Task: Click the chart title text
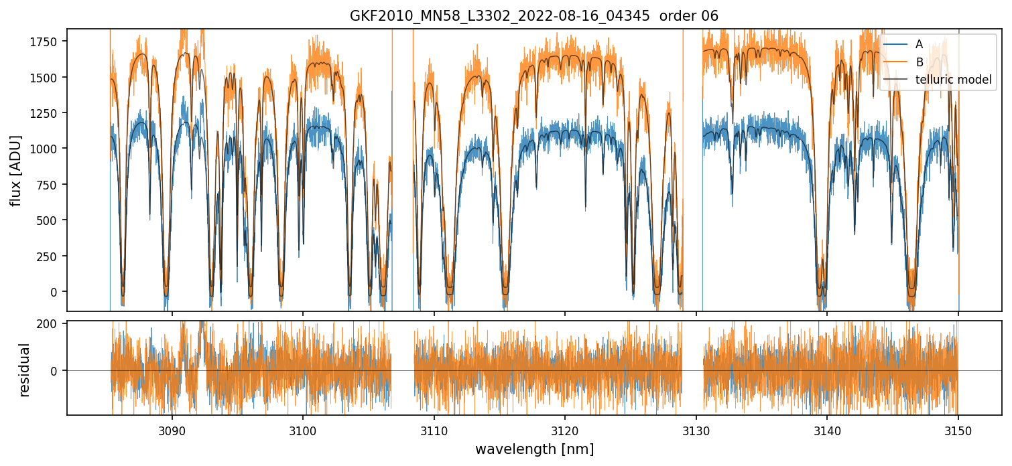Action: (x=533, y=16)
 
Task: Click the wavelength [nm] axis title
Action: (x=534, y=449)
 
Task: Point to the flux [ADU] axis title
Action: (x=15, y=170)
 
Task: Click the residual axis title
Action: (x=25, y=370)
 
